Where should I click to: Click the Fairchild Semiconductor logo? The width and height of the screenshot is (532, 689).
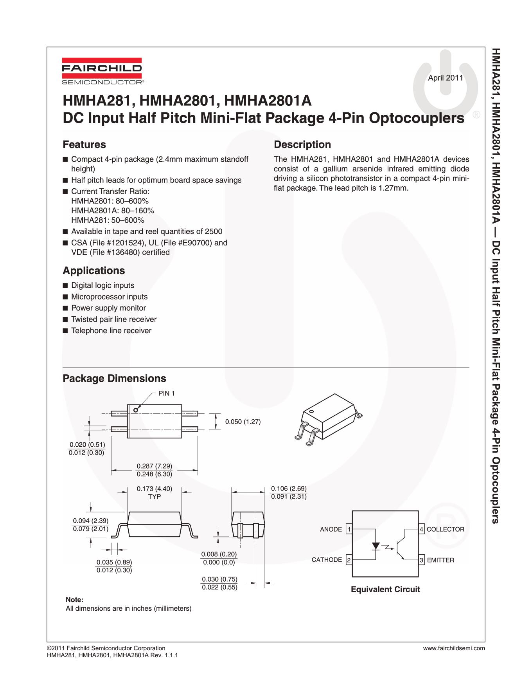point(102,71)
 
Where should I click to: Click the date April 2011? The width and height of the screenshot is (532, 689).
point(446,78)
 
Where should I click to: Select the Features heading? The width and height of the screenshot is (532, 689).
point(84,144)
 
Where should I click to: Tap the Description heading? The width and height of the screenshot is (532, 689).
point(302,144)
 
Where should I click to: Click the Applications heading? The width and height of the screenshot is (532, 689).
point(93,271)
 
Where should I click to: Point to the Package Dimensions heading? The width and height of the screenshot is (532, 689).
point(114,378)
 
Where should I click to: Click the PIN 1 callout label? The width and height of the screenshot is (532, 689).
point(166,393)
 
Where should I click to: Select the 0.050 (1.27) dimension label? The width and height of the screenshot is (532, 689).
point(243,422)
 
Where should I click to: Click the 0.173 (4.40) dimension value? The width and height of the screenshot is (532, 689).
point(154,489)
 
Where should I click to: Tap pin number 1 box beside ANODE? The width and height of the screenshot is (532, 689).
point(349,529)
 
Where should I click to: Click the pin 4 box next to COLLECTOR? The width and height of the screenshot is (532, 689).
point(421,529)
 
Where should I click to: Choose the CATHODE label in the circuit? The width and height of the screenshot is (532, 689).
point(327,560)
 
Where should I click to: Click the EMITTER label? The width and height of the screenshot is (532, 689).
point(440,560)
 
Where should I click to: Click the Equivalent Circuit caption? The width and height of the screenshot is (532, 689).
point(385,589)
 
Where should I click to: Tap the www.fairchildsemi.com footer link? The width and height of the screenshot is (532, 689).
point(454,648)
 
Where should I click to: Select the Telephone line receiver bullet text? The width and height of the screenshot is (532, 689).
point(111,330)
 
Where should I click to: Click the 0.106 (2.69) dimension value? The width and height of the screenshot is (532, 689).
point(289,489)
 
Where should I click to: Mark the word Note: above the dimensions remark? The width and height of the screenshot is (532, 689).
point(74,600)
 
